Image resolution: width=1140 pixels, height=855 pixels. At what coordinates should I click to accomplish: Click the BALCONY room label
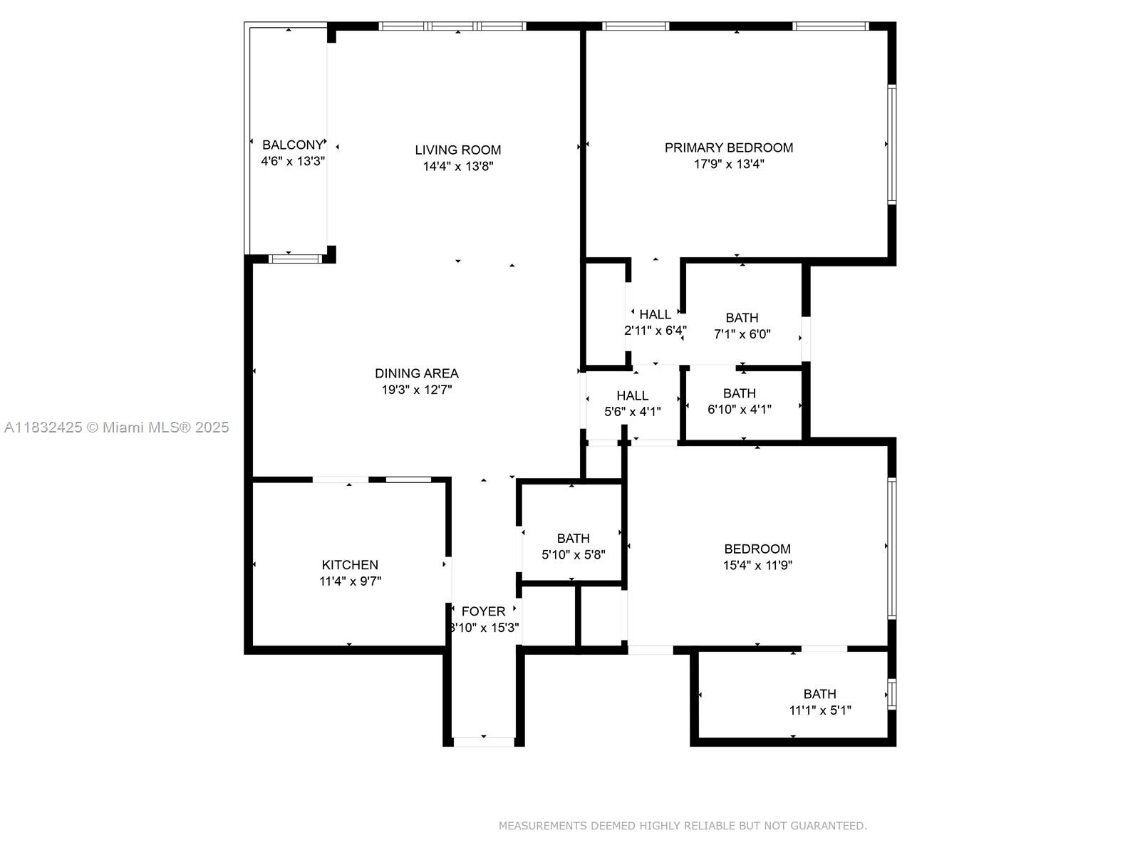292,145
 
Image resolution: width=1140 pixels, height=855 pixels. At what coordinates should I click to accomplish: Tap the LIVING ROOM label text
457,150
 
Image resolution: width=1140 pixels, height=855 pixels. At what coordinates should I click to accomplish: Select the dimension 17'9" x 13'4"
728,164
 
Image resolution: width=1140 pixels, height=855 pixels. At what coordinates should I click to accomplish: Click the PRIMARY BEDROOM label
728,147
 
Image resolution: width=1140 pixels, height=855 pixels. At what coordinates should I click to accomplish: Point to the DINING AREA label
416,373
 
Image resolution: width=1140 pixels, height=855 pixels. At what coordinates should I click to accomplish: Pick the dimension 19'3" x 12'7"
416,390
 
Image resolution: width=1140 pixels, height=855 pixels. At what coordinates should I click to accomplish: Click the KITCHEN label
350,565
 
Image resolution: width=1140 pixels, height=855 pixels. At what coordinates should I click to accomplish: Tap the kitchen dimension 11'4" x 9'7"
350,581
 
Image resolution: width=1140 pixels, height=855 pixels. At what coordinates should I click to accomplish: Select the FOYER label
483,611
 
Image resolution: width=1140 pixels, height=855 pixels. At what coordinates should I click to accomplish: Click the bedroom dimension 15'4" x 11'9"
757,566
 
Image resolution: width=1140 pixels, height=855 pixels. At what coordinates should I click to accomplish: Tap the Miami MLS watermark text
116,427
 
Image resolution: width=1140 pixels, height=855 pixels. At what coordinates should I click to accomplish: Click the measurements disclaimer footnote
682,826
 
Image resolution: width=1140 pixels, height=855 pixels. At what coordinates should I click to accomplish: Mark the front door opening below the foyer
484,741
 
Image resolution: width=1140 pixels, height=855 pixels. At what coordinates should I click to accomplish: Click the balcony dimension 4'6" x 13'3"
292,162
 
